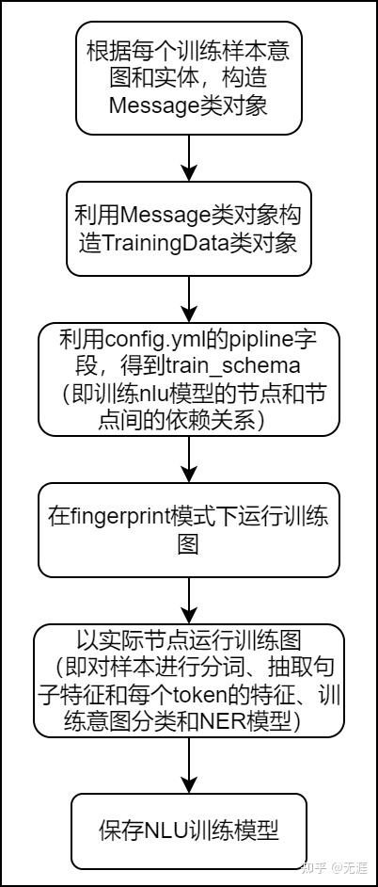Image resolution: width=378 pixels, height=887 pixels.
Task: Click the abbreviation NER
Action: pos(217,720)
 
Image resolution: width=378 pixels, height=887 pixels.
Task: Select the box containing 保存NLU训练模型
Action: pos(189,831)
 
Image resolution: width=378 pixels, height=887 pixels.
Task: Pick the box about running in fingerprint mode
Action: pos(189,530)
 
